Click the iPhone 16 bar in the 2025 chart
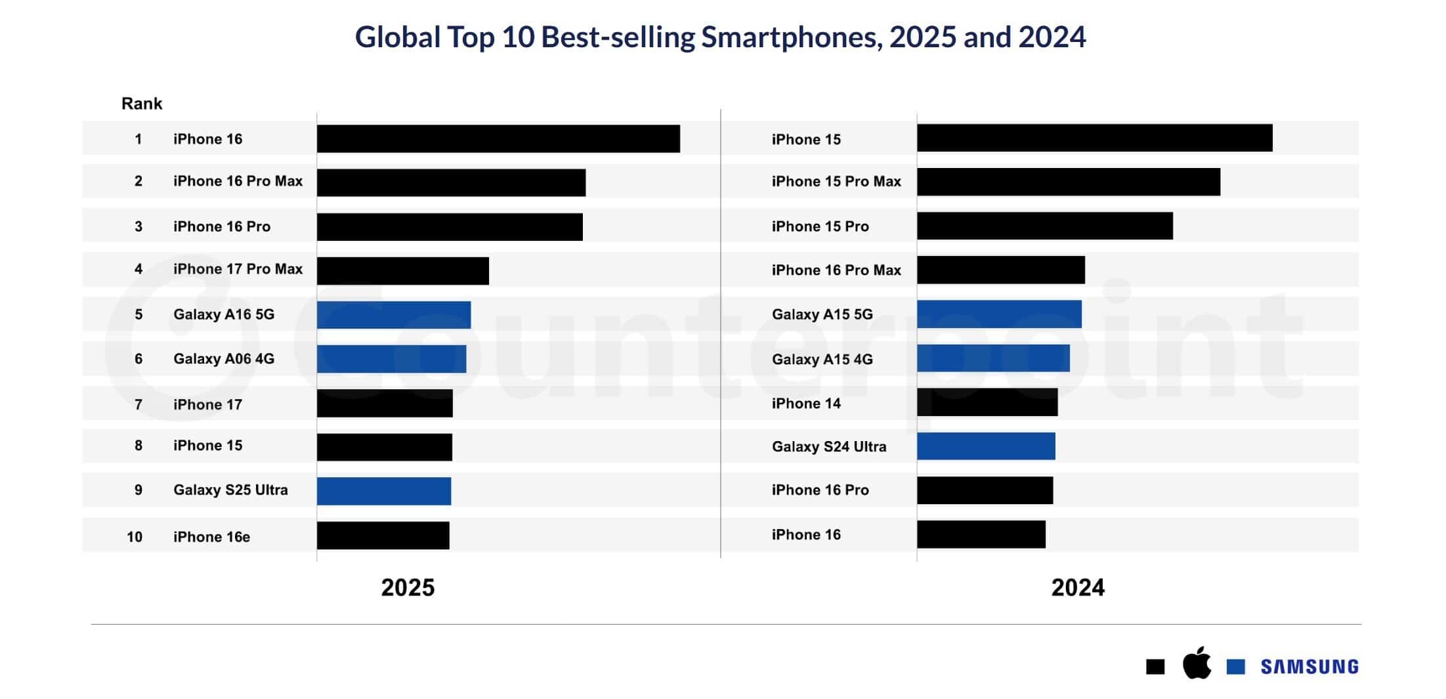click(x=498, y=139)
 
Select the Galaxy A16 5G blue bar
click(x=394, y=315)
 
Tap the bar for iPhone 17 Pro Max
click(x=403, y=271)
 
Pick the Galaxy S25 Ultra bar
click(x=384, y=491)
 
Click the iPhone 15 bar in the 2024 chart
click(x=1094, y=138)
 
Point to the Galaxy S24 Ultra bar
click(x=986, y=446)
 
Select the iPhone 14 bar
click(x=987, y=402)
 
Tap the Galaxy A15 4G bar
click(x=993, y=358)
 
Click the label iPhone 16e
click(x=211, y=537)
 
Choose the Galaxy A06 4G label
click(x=224, y=359)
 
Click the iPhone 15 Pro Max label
click(x=836, y=182)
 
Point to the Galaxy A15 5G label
click(x=822, y=314)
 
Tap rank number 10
click(x=135, y=537)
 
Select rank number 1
click(x=138, y=139)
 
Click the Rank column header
click(x=142, y=104)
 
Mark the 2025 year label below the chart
click(x=408, y=587)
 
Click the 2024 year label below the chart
click(x=1078, y=587)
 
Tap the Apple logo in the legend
click(x=1197, y=664)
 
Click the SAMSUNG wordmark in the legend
click(x=1309, y=667)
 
